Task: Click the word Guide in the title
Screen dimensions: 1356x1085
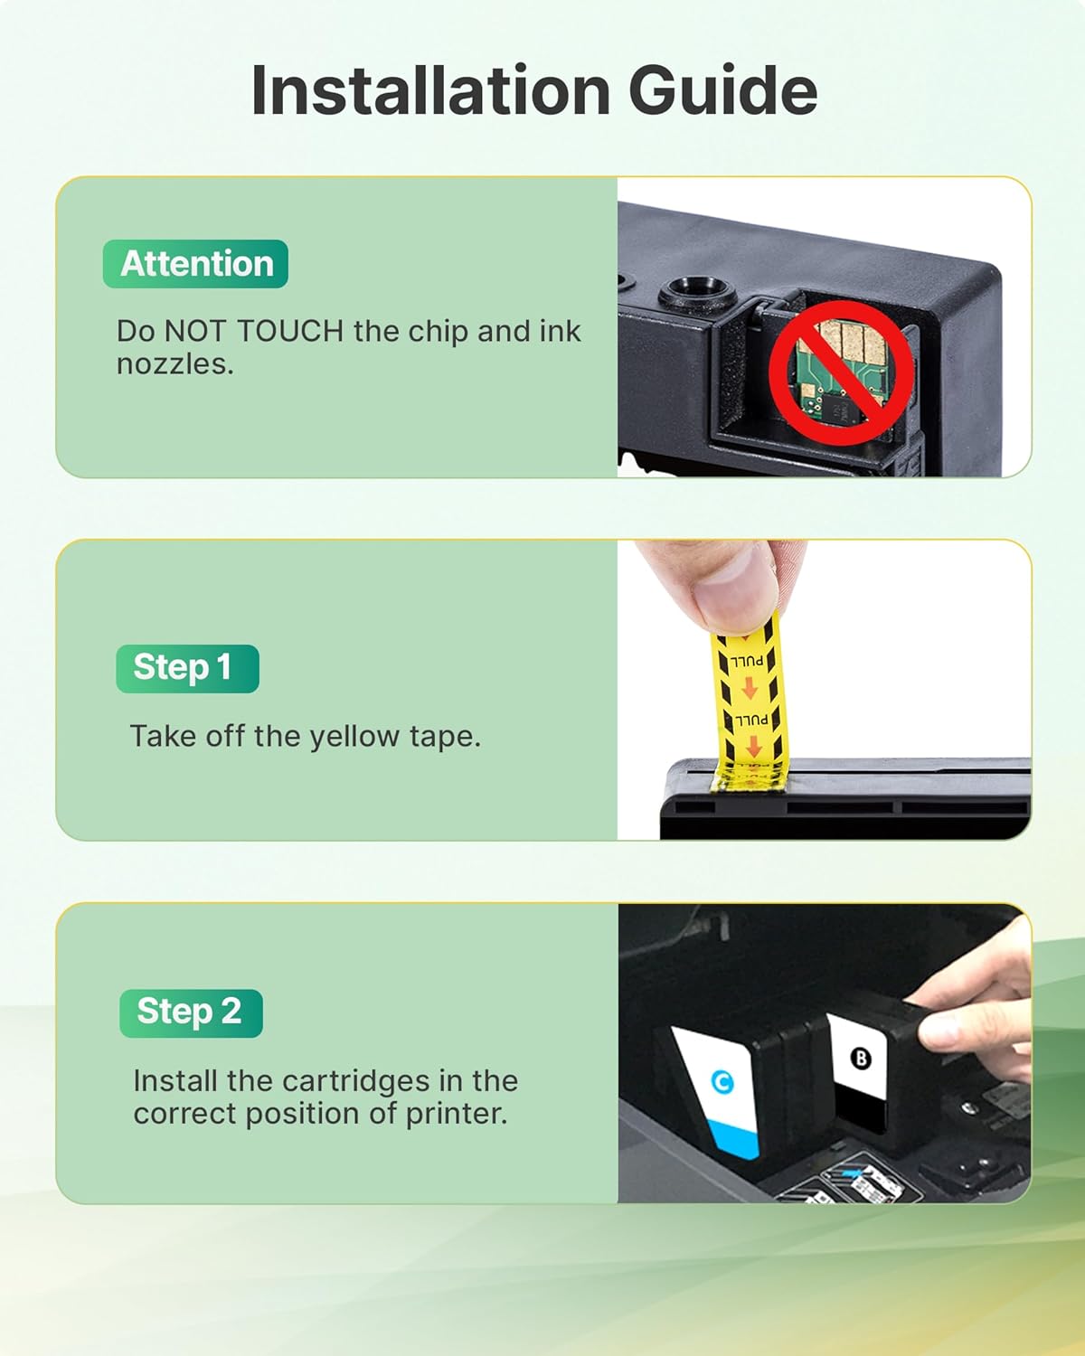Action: tap(722, 90)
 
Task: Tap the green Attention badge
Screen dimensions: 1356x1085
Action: tap(196, 264)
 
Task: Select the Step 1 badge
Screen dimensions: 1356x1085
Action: tap(187, 668)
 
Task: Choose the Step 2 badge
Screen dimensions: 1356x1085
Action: tap(191, 1012)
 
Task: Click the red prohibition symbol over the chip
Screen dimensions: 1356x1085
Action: tap(841, 372)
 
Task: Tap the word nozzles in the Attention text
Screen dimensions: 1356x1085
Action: tap(175, 364)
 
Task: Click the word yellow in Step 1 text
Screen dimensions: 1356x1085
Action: tap(354, 737)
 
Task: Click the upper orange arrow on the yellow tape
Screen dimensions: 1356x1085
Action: tap(750, 689)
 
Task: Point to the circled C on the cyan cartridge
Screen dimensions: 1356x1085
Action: tap(722, 1081)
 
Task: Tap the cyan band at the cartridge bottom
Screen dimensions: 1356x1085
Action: tap(735, 1137)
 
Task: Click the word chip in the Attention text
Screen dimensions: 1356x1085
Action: tap(439, 332)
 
